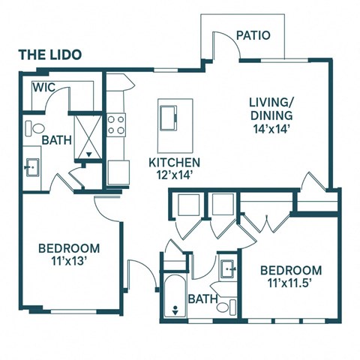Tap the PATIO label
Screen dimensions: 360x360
tap(253, 35)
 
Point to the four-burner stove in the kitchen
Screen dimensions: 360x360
tap(116, 124)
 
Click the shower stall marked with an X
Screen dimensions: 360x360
tap(89, 137)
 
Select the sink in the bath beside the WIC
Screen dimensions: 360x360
tap(31, 167)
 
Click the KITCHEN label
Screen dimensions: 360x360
tap(174, 163)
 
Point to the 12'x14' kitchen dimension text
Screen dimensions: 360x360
tap(174, 176)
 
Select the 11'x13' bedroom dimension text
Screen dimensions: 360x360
tap(69, 262)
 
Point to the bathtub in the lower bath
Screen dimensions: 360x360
tap(175, 296)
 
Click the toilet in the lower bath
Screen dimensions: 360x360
tap(232, 305)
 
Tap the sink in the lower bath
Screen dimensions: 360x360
tap(229, 267)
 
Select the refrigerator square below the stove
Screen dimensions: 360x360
tap(118, 172)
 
